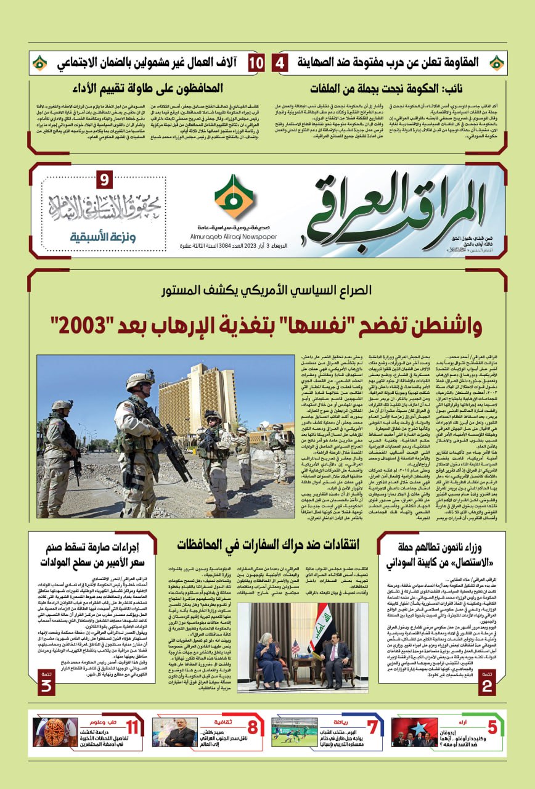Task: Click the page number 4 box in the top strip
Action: (280, 63)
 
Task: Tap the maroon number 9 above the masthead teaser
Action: (104, 181)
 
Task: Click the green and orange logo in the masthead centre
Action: (234, 197)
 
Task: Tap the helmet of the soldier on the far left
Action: (62, 406)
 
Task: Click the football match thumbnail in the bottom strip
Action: (294, 732)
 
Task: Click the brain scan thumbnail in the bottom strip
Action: (55, 732)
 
